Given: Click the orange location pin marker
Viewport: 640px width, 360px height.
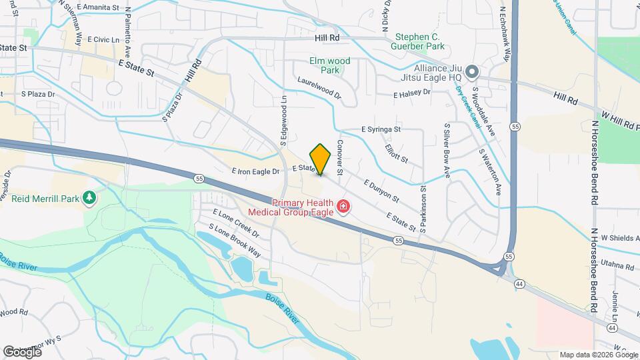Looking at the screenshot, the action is point(320,159).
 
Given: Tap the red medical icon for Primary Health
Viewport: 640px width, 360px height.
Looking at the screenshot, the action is point(343,207).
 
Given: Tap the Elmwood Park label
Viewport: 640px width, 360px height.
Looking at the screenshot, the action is point(329,65).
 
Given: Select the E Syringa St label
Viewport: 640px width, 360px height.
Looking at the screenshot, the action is point(381,129).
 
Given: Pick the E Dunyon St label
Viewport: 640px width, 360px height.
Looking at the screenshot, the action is point(381,190).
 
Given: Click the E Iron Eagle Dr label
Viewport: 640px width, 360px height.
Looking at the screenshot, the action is point(254,171).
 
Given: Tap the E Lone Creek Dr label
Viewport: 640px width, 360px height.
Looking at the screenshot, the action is point(235,223).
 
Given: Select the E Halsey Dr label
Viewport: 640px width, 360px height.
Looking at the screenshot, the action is point(411,94).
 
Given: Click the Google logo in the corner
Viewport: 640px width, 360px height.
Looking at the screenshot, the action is point(22,351).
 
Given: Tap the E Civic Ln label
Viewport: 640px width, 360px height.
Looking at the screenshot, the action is point(102,40).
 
